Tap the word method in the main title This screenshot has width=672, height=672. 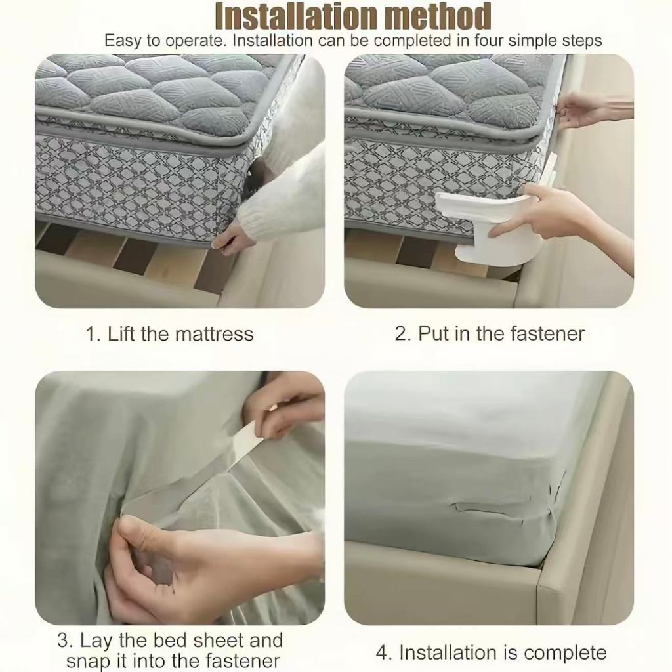pos(434,16)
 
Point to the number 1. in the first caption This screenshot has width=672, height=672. pos(94,334)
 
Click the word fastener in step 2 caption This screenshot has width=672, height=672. pos(545,333)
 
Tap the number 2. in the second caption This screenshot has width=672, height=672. pos(404,333)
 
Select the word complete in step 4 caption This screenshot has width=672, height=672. pos(565,653)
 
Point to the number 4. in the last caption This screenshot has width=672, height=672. pos(385,653)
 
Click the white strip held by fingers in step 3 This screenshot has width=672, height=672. pos(243,446)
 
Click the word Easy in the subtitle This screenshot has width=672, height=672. pos(123,41)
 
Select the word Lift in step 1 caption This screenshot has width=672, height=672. pos(121,334)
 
